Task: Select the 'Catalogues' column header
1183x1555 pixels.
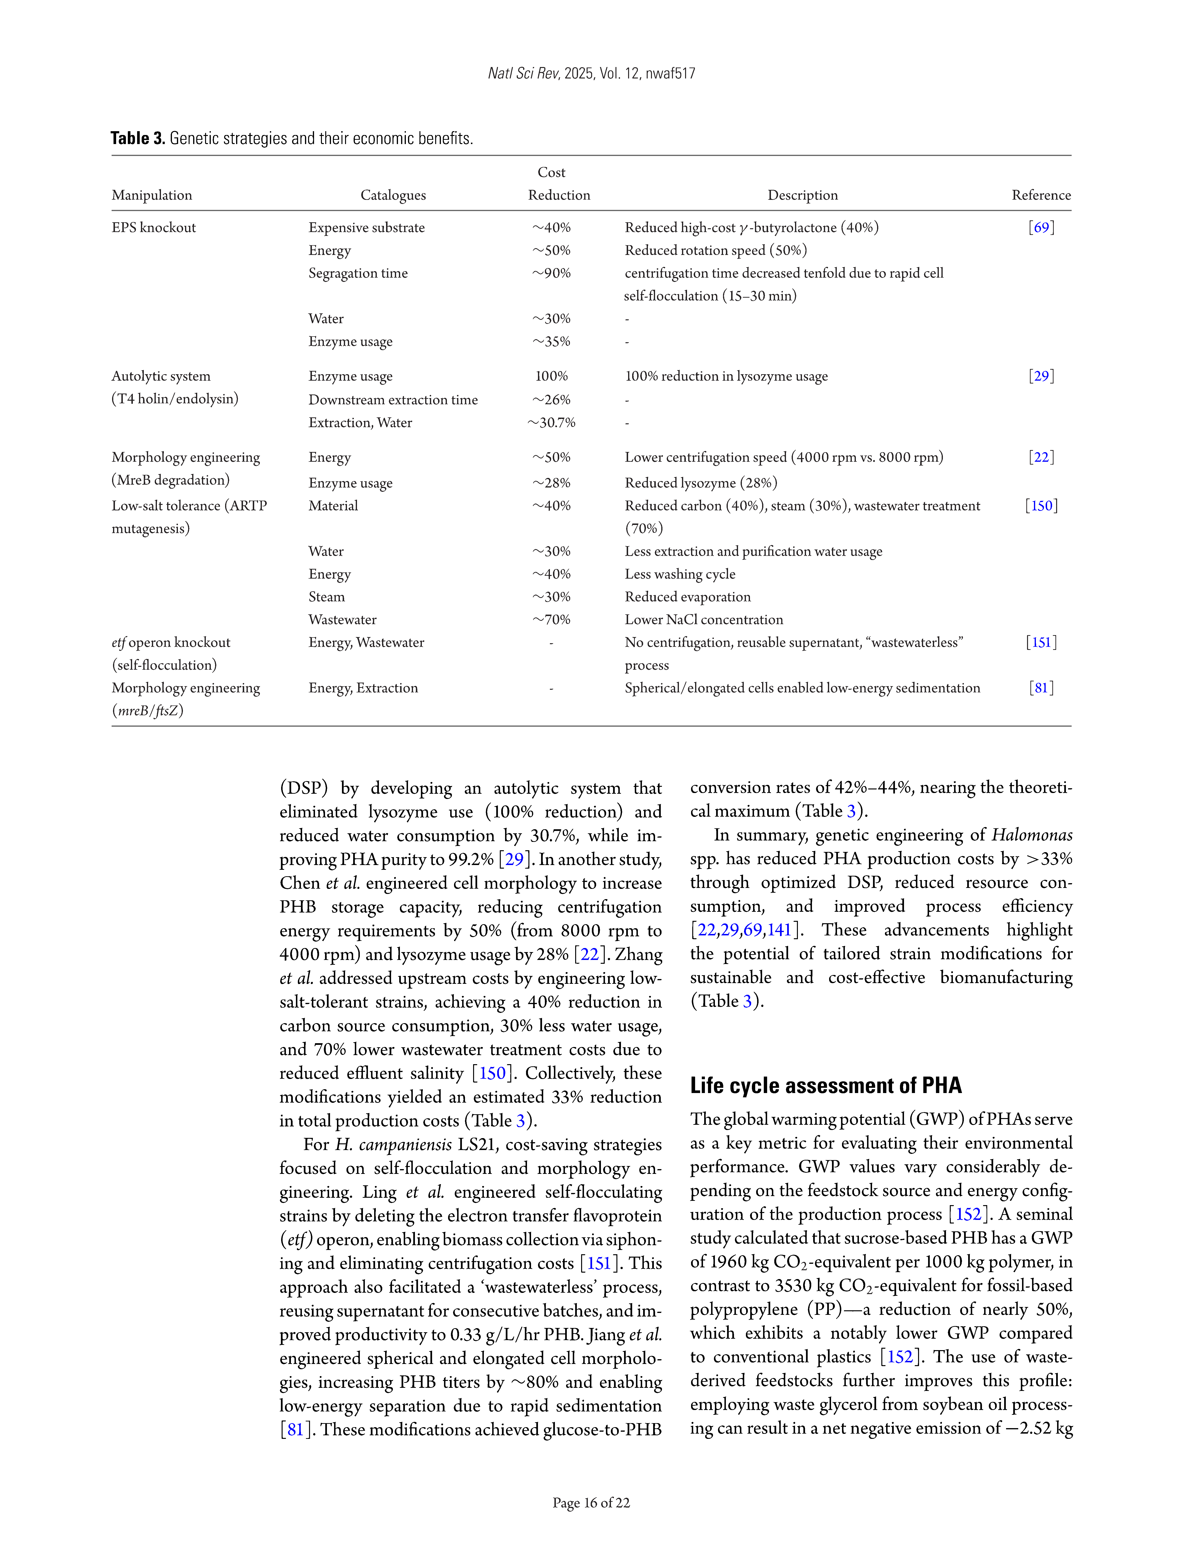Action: pyautogui.click(x=393, y=195)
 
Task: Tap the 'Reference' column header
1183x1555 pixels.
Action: pyautogui.click(x=1041, y=195)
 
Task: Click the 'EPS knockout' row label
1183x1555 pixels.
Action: pyautogui.click(x=154, y=228)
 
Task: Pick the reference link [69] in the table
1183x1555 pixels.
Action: pyautogui.click(x=1041, y=228)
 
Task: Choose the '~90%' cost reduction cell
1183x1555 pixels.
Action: pyautogui.click(x=551, y=273)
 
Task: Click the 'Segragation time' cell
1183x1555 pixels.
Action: pyautogui.click(x=358, y=273)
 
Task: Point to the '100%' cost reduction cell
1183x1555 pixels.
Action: pyautogui.click(x=551, y=376)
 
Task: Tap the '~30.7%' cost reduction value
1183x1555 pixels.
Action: pyautogui.click(x=551, y=423)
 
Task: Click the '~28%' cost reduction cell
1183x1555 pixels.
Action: pyautogui.click(x=551, y=483)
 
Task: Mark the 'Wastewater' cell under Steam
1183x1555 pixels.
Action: pyautogui.click(x=342, y=620)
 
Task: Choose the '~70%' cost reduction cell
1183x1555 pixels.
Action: pyautogui.click(x=551, y=620)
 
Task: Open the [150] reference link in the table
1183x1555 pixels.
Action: pyautogui.click(x=1041, y=506)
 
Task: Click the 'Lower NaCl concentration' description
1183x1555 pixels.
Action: pyautogui.click(x=703, y=620)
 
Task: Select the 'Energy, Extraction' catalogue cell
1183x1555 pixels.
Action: pyautogui.click(x=363, y=688)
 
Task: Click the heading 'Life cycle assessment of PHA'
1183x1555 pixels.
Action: pyautogui.click(x=825, y=1085)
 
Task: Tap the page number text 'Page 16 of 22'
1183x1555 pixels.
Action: pyautogui.click(x=591, y=1503)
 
